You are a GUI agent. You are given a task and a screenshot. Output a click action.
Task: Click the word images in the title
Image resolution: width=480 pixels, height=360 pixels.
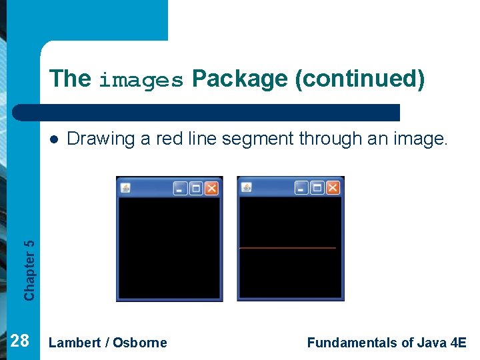(141, 81)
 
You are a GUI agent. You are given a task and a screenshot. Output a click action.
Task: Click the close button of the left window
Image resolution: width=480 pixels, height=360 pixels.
(211, 189)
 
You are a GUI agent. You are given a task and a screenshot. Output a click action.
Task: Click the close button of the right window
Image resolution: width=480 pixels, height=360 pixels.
(333, 189)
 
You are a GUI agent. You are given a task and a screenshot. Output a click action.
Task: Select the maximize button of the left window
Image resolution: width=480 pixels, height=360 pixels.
(196, 189)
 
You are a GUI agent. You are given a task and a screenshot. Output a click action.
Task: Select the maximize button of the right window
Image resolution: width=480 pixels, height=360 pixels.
(317, 189)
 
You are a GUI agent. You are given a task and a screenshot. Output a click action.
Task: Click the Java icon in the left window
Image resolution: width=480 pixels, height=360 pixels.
(125, 188)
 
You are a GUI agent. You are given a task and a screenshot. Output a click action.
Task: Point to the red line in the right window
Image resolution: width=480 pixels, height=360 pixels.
(287, 248)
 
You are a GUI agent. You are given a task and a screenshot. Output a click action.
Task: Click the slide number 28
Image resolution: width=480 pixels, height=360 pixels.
(21, 341)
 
